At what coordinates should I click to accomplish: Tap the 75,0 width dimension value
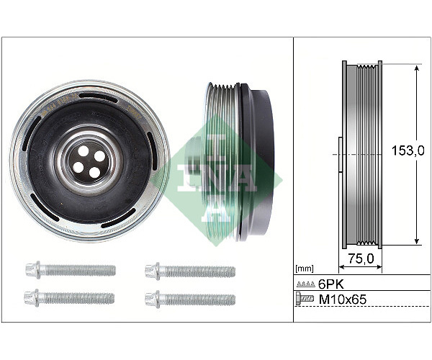[x=361, y=258]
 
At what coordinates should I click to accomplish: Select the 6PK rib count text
[x=331, y=284]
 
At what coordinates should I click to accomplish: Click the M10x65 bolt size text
[x=343, y=299]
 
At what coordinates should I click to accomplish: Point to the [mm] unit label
[x=305, y=268]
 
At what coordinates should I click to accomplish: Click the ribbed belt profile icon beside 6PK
[x=306, y=284]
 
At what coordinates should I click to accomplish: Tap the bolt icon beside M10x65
[x=305, y=299]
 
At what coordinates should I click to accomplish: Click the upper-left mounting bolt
[x=71, y=270]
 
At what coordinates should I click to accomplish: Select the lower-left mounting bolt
[x=69, y=298]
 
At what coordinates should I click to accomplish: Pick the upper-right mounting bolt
[x=190, y=271]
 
